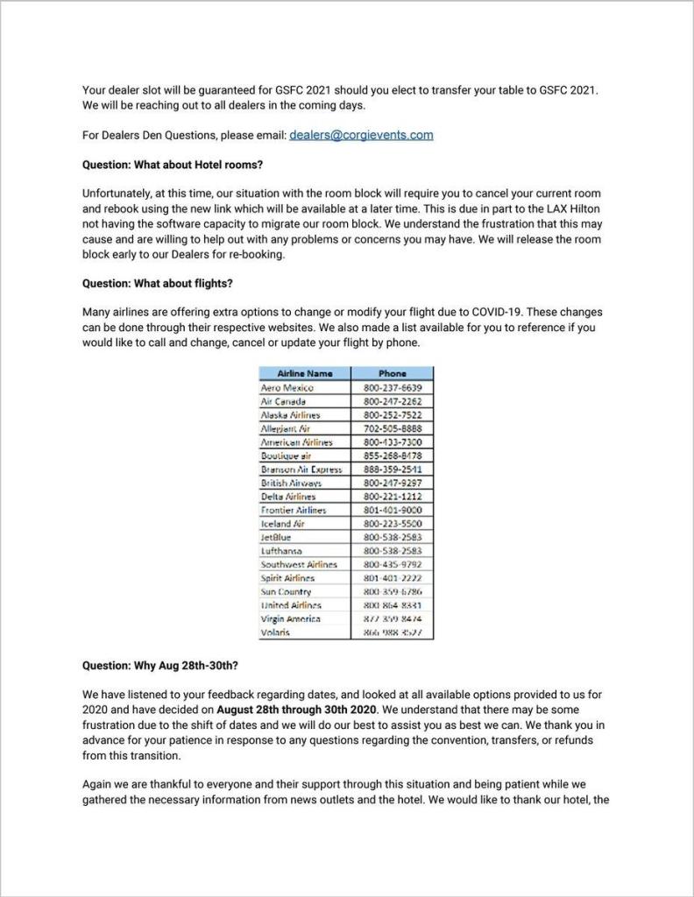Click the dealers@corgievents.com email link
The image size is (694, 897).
point(361,135)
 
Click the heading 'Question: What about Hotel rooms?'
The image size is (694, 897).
point(173,164)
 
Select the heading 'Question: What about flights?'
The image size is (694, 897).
point(157,283)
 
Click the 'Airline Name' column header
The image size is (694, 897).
point(305,373)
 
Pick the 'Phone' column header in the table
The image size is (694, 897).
point(392,373)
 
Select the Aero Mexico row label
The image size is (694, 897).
point(287,387)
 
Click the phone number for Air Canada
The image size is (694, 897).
point(392,400)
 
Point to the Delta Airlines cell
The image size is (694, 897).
point(288,496)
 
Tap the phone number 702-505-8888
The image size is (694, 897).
point(392,428)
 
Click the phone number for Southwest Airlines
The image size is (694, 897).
point(392,564)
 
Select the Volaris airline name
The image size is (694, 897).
point(276,632)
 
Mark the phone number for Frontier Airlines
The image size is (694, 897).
point(392,510)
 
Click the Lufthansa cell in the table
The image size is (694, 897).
point(282,551)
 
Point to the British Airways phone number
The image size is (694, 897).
point(392,483)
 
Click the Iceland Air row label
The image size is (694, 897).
point(283,523)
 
